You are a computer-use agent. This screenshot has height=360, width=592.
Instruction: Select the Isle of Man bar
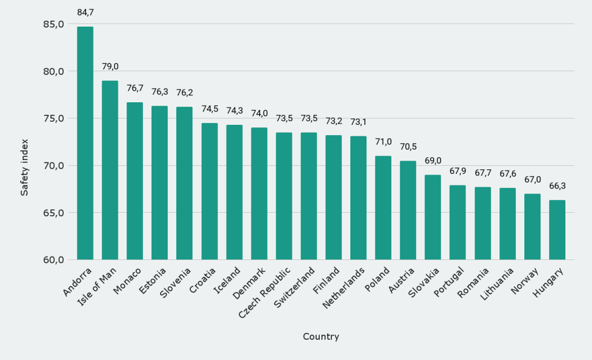pyautogui.click(x=110, y=170)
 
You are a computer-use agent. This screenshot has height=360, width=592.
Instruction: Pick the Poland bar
pyautogui.click(x=383, y=208)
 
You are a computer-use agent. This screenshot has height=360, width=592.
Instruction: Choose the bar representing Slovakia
pyautogui.click(x=433, y=217)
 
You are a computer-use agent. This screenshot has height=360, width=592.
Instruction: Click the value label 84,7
pyautogui.click(x=85, y=12)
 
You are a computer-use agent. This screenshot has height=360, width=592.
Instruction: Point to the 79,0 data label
pyautogui.click(x=110, y=66)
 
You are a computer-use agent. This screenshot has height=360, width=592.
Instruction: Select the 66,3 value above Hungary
pyautogui.click(x=557, y=186)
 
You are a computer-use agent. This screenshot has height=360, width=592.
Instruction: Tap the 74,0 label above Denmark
pyautogui.click(x=259, y=113)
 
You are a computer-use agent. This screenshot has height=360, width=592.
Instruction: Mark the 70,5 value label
pyautogui.click(x=408, y=147)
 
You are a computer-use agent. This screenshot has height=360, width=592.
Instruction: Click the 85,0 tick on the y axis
pyautogui.click(x=53, y=24)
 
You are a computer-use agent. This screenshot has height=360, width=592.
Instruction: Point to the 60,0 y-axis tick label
pyautogui.click(x=53, y=259)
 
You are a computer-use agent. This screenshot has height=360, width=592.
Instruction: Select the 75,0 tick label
pyautogui.click(x=53, y=118)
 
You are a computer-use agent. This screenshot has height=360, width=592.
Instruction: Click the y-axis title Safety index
pyautogui.click(x=24, y=166)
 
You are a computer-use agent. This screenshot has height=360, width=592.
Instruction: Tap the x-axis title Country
pyautogui.click(x=321, y=336)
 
